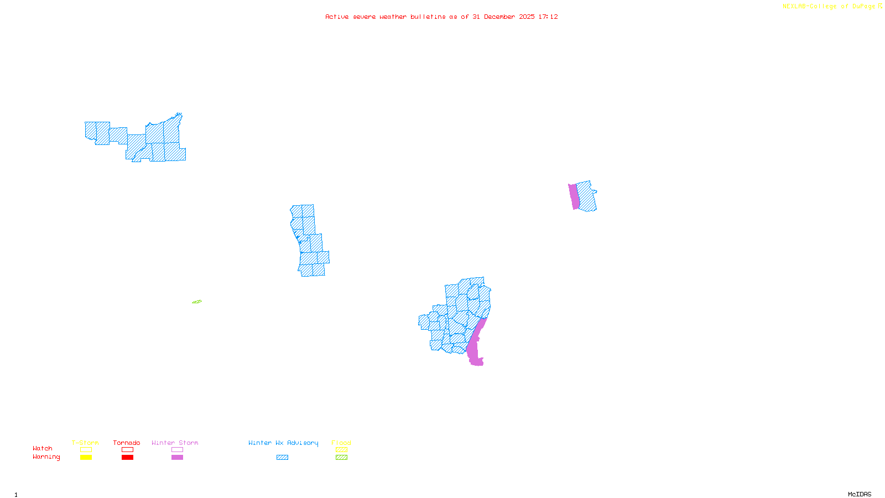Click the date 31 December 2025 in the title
[x=503, y=17]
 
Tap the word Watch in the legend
[x=43, y=449]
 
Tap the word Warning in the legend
[x=46, y=457]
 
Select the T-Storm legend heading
[x=85, y=443]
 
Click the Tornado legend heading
[x=127, y=443]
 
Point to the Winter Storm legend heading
[x=175, y=443]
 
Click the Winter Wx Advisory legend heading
[x=283, y=443]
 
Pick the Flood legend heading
[x=341, y=443]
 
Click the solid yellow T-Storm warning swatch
[x=86, y=458]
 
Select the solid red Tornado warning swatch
[x=127, y=458]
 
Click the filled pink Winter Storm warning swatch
[x=177, y=458]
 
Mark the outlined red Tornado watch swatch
[x=127, y=450]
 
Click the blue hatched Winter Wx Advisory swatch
[x=282, y=458]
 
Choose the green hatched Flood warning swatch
[x=341, y=458]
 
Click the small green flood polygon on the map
[x=197, y=302]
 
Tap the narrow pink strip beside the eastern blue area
[x=574, y=196]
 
